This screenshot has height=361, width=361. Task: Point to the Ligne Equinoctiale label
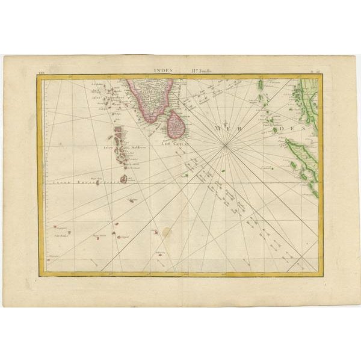(78, 180)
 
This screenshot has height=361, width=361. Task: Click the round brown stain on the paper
(166, 232)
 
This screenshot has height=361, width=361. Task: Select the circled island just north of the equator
(123, 179)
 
